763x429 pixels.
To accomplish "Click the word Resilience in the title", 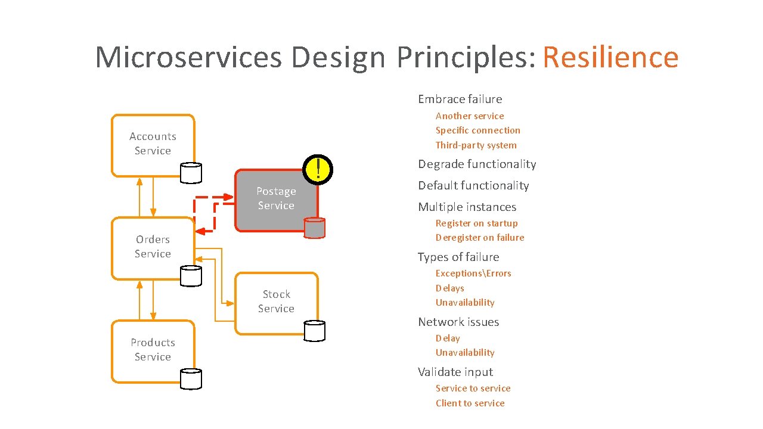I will tap(610, 58).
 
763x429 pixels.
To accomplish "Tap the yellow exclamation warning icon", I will tap(318, 169).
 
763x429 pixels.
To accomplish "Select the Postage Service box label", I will tap(276, 198).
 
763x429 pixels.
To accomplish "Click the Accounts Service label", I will tap(153, 144).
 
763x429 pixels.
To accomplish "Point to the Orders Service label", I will tap(153, 247).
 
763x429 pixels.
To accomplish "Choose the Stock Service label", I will tap(276, 301).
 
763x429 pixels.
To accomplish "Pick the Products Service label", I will tap(153, 350).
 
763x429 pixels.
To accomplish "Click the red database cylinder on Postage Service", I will tap(314, 228).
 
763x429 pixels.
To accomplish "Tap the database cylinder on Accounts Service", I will tap(191, 173).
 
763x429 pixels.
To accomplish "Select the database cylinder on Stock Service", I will tap(314, 331).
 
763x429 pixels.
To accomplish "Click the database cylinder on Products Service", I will tap(191, 378).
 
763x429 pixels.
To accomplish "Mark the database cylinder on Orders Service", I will tap(191, 275).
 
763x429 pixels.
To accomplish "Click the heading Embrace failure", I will tap(460, 99).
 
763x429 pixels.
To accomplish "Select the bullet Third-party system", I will tap(476, 145).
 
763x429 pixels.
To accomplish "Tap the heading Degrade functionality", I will tap(477, 164).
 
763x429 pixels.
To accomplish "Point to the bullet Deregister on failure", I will tap(480, 238).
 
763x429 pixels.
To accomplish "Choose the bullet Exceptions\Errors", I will tap(473, 273).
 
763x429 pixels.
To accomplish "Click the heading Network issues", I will tap(458, 322).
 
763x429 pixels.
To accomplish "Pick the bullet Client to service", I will tap(470, 403).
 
